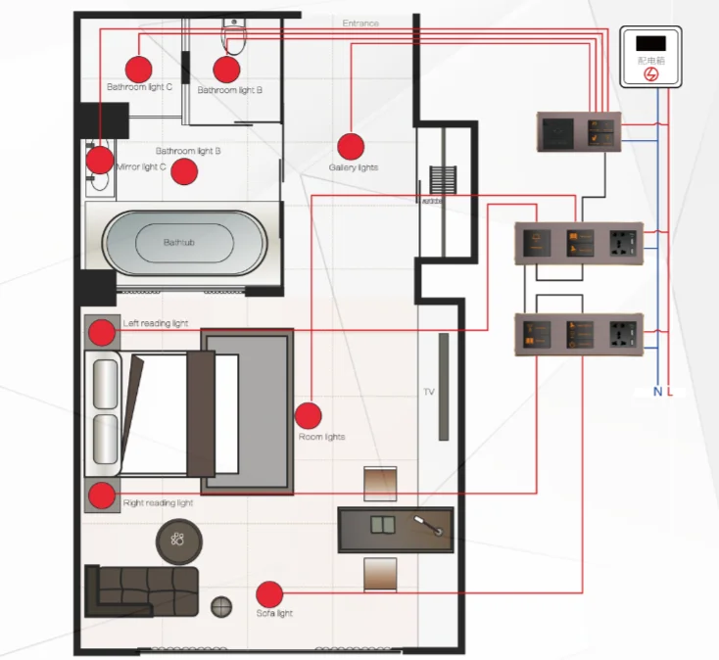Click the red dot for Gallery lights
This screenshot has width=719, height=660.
pos(351,146)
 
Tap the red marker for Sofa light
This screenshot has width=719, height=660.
pos(269,594)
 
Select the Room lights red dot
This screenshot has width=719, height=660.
pos(308,416)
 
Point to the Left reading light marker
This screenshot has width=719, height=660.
pos(102,334)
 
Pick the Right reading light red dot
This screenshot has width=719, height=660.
pos(102,496)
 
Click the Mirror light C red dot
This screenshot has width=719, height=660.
pos(99,160)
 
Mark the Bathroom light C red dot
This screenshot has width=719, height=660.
pos(138,69)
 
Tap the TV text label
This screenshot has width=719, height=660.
pos(428,392)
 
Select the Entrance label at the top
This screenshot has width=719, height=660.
pos(360,23)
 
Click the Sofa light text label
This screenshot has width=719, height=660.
pos(274,614)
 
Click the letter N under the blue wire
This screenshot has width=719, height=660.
pos(657,392)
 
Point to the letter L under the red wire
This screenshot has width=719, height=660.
pos(671,392)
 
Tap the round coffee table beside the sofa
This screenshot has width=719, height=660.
pos(179,540)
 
